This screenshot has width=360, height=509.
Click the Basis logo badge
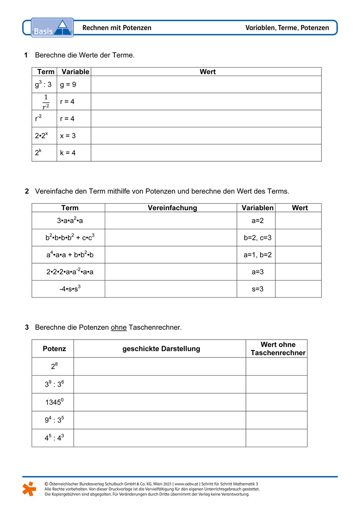click(52, 28)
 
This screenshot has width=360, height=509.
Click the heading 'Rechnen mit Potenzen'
click(117, 28)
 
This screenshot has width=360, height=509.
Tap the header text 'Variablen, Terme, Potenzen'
click(287, 28)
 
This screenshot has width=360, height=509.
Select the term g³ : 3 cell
click(43, 85)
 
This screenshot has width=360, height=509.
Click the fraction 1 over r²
click(46, 102)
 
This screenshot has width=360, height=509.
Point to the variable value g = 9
click(68, 85)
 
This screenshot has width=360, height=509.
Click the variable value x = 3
click(68, 136)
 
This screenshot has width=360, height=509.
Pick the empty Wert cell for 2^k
click(206, 153)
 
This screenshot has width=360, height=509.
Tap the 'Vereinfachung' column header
click(172, 208)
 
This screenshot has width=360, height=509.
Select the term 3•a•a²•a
click(68, 221)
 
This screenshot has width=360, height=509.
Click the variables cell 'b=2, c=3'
click(257, 238)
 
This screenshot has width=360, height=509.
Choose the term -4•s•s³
click(68, 289)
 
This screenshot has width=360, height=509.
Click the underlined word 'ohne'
click(119, 327)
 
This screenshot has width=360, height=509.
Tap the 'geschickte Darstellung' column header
click(161, 348)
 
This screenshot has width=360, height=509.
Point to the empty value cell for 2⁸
click(276, 367)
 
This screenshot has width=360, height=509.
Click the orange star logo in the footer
click(29, 489)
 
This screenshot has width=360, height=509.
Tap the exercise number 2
click(27, 191)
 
